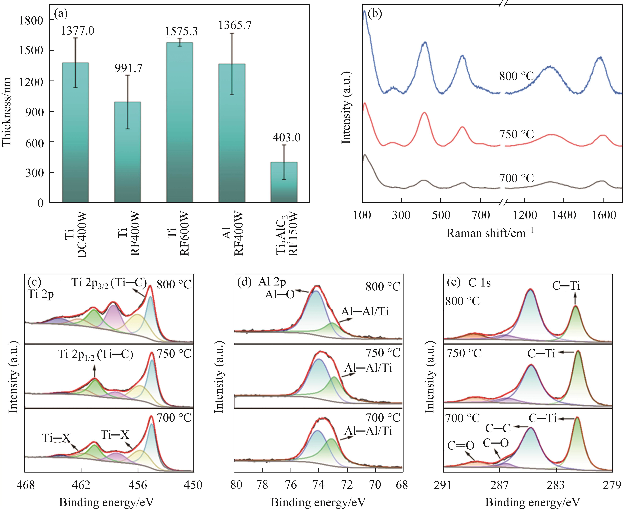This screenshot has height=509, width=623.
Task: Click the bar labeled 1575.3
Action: [x=180, y=123]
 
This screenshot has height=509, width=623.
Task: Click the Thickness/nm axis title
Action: [x=6, y=111]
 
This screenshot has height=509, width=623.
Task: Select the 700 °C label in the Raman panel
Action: [x=516, y=178]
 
